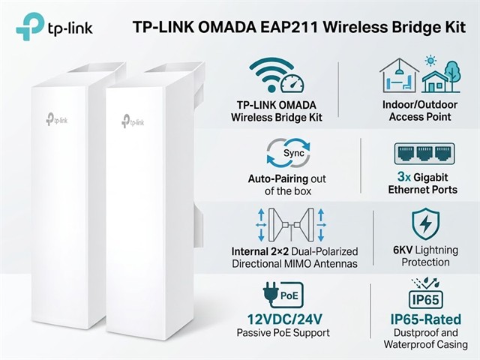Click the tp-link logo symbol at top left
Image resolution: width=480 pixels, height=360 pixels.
coord(30,26)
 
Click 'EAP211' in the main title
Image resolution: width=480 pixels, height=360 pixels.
coord(289,27)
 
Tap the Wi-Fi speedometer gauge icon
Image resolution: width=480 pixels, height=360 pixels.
coord(292,82)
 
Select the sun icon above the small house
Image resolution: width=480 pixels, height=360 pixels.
coord(430,61)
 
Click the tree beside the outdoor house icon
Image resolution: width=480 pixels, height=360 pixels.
coord(452,75)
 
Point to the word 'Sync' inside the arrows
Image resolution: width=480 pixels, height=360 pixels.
coord(293,153)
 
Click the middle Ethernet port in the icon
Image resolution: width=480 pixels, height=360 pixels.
coord(424,153)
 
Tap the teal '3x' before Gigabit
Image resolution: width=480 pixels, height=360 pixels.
coord(404,177)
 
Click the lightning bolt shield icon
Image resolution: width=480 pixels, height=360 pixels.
coord(425,223)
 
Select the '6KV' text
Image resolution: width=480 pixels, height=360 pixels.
coord(403,250)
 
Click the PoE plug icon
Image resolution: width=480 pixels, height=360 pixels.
coord(283,294)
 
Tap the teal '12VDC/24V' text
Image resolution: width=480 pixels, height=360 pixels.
coord(285,319)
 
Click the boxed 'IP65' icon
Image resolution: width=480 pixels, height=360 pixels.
coord(426,299)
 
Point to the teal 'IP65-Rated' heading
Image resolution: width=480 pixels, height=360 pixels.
coord(426,319)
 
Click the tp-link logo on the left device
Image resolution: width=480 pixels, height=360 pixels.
coord(57,119)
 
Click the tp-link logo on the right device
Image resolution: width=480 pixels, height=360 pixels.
coord(133,121)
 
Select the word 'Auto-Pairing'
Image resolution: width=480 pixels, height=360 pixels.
coord(278,178)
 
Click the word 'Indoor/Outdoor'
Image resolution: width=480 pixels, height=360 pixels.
coord(420,105)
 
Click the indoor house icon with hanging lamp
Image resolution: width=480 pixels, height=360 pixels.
coord(399,76)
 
